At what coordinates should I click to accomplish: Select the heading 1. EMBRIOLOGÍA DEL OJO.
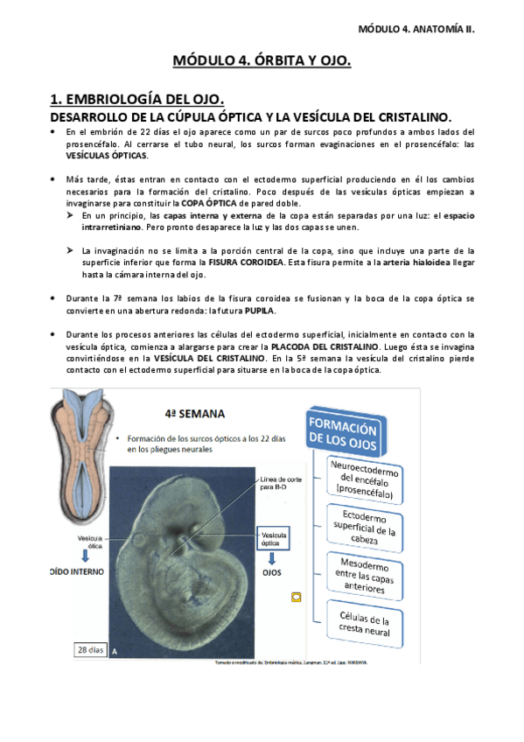[137, 98]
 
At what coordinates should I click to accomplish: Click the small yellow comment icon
[296, 598]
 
